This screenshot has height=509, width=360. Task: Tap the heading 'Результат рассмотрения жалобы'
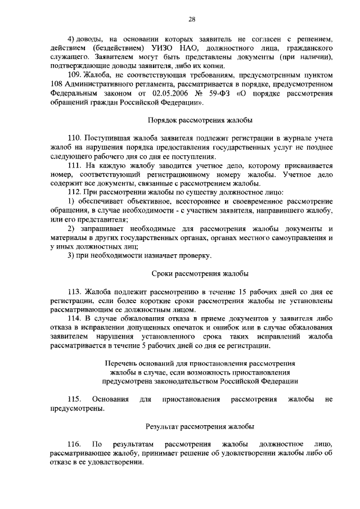[200, 426]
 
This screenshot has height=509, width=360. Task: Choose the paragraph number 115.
[75, 399]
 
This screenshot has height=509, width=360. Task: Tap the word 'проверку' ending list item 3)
[195, 256]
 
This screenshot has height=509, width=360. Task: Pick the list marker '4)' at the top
[71, 38]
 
